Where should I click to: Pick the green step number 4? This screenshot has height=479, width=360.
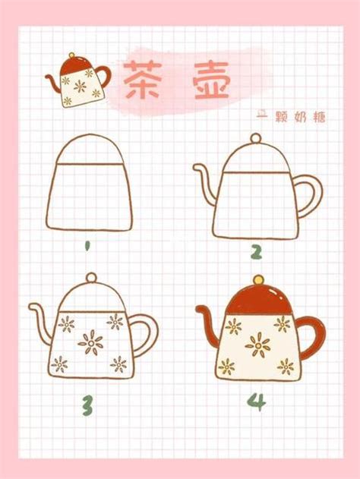[x=257, y=402]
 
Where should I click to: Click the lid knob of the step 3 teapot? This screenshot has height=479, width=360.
[x=91, y=278]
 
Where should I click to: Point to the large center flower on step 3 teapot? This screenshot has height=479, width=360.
[x=91, y=342]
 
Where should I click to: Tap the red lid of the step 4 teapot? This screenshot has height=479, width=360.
[x=258, y=301]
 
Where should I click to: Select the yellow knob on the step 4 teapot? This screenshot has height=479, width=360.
[x=258, y=279]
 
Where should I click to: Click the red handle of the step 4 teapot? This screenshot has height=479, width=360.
[x=311, y=336]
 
